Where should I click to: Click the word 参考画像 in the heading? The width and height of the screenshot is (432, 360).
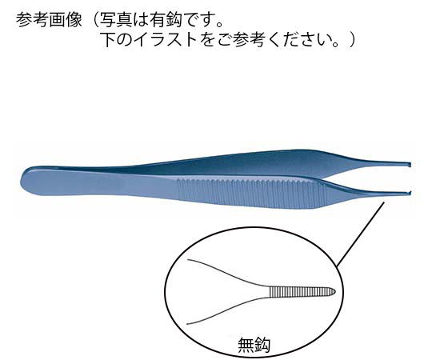[x=50, y=20]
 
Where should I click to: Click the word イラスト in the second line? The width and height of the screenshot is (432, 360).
[x=165, y=40]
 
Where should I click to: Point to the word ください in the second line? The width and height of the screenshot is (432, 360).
[x=300, y=40]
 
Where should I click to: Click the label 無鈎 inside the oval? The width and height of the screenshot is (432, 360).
[x=254, y=345]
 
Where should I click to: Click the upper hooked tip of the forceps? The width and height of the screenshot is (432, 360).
[x=410, y=165]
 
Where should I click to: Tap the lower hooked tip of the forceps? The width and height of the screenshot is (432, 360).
[x=410, y=192]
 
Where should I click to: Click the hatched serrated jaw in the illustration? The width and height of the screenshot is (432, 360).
[x=302, y=292]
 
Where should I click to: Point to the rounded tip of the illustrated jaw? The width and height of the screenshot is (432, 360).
[x=335, y=291]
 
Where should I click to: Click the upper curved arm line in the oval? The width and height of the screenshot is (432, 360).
[x=229, y=272]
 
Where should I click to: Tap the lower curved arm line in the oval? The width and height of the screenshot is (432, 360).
[x=228, y=310]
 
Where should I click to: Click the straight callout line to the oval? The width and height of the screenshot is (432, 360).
[x=360, y=234]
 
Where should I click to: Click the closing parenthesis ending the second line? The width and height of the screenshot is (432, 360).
[x=352, y=40]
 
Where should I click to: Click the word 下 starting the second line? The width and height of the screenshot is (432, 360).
[x=109, y=40]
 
